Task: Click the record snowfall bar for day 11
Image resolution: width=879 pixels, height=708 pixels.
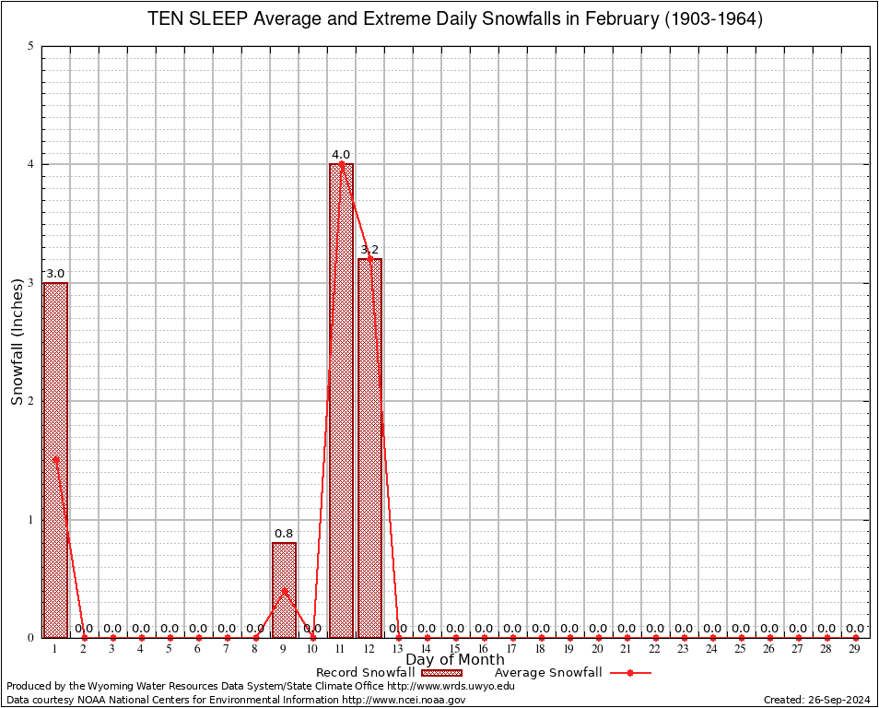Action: (x=341, y=400)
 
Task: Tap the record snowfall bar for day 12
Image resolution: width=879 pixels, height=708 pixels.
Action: (x=369, y=447)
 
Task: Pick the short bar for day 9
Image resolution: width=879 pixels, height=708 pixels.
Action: (x=284, y=590)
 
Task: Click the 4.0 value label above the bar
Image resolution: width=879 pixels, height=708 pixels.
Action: (x=341, y=155)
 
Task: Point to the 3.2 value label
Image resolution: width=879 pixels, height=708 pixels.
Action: (x=369, y=250)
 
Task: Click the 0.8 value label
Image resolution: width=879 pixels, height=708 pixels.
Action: (x=284, y=534)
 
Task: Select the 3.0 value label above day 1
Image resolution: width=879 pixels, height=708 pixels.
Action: (x=55, y=274)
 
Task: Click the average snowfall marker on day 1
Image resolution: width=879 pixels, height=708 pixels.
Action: (x=55, y=458)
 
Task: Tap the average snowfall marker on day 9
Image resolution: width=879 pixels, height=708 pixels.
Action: (x=284, y=590)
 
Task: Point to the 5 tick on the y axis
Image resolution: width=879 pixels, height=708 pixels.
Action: (x=31, y=46)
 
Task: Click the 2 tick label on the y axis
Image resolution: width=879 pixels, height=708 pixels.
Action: (x=31, y=401)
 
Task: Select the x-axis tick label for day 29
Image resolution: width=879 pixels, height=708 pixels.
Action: (x=855, y=649)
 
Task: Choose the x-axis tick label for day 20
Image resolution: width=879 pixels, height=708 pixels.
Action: (x=598, y=649)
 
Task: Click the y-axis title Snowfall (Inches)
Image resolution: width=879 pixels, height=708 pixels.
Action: (x=17, y=341)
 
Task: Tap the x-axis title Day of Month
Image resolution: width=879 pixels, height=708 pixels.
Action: (x=455, y=660)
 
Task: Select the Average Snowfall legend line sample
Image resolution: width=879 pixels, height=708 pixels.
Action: (x=630, y=673)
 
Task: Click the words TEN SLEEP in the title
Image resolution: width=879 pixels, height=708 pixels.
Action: (x=193, y=19)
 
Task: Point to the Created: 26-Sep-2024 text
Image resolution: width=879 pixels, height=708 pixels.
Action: (x=817, y=700)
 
